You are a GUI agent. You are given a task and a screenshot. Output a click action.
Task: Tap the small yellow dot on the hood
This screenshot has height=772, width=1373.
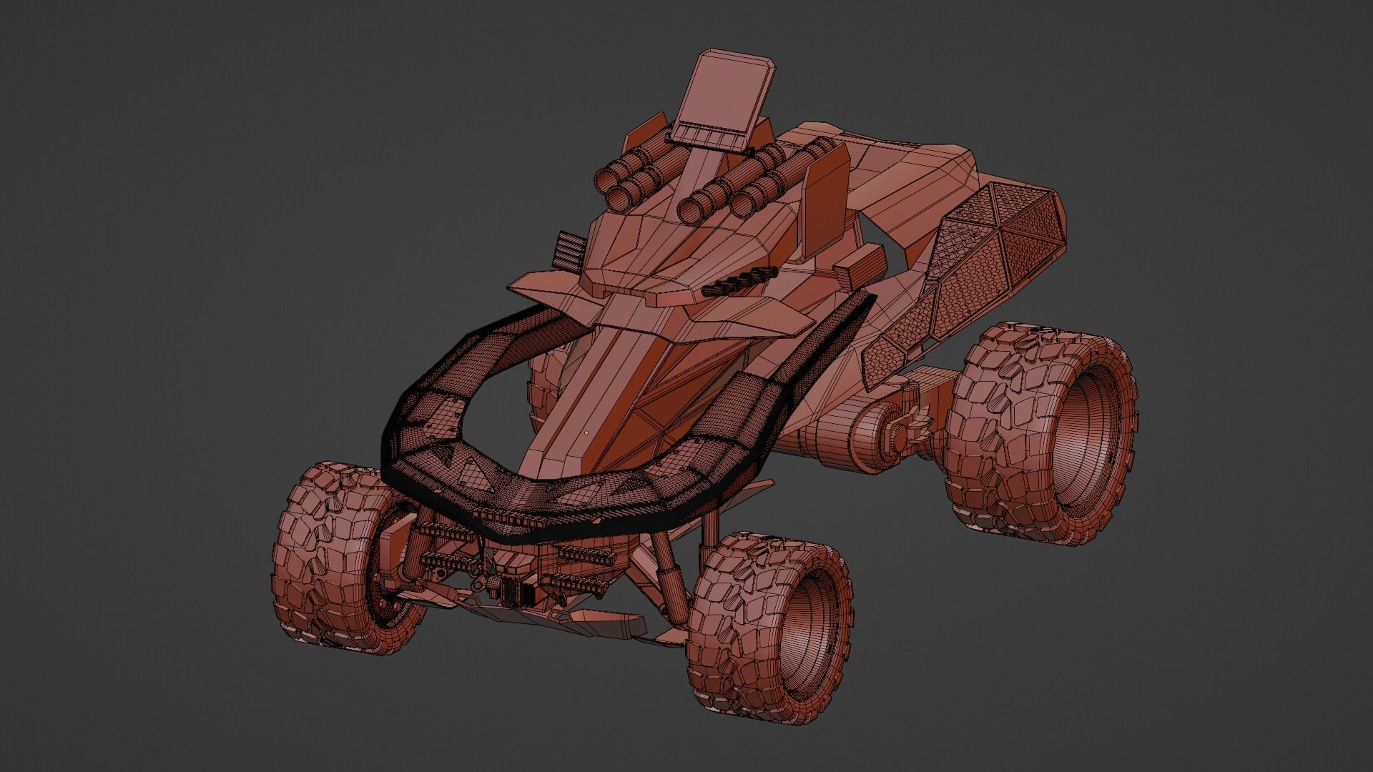(x=586, y=432)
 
